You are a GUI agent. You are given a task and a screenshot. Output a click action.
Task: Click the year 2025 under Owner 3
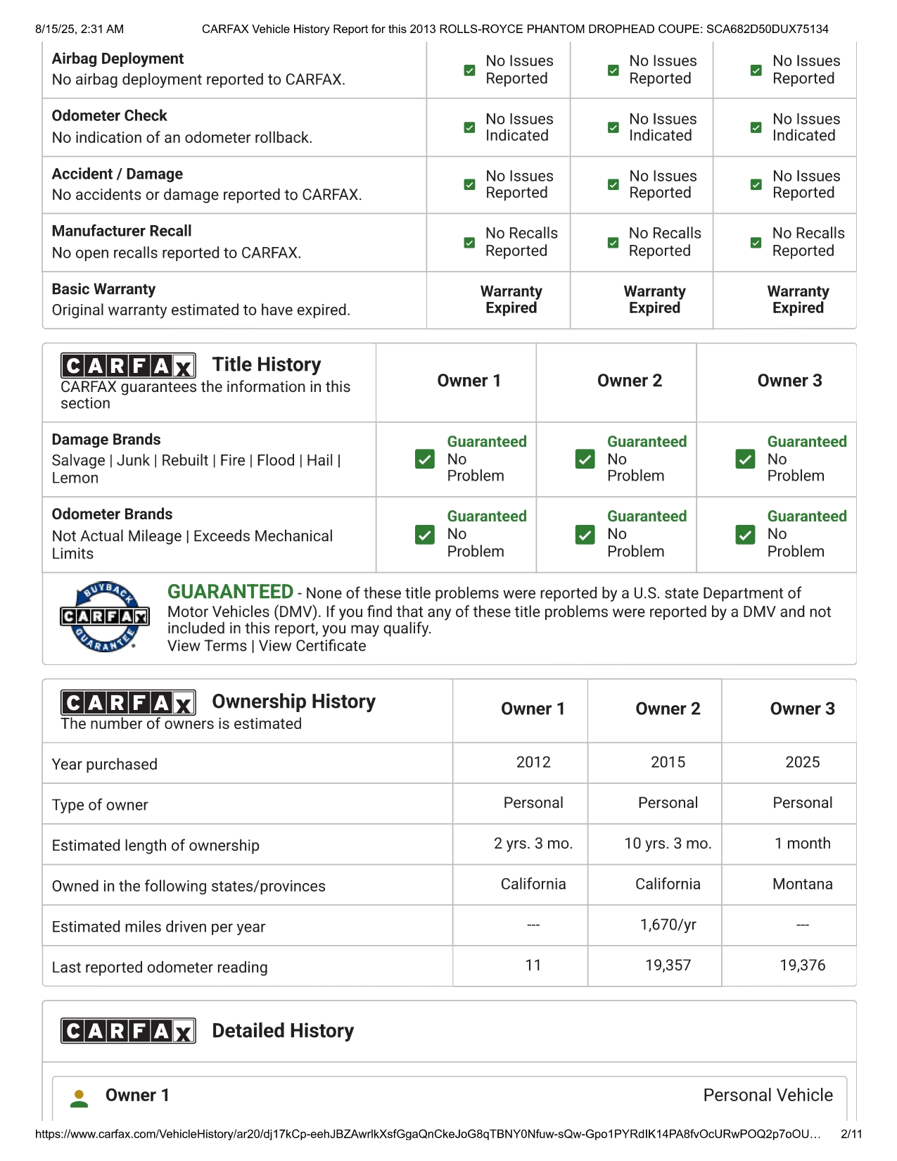(x=802, y=762)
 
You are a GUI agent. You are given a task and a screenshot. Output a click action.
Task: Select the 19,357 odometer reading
(x=668, y=965)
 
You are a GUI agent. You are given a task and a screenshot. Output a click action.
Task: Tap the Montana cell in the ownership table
(x=802, y=884)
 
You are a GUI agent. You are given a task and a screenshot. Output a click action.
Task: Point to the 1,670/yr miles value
(x=668, y=925)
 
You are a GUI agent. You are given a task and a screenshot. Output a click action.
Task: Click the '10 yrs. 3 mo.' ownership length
(x=668, y=843)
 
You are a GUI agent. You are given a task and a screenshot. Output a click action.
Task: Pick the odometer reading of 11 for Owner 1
(x=533, y=965)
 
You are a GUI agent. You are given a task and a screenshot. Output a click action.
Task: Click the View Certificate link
(x=312, y=646)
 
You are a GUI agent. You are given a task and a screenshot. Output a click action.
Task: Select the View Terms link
(x=207, y=646)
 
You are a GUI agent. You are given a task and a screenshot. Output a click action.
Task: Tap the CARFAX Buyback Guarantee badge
(x=104, y=616)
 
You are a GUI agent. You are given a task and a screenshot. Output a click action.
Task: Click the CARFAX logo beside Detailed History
(x=128, y=1031)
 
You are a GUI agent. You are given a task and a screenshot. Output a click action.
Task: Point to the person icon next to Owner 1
(x=79, y=1098)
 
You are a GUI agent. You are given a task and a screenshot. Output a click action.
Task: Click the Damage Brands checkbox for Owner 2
(x=585, y=459)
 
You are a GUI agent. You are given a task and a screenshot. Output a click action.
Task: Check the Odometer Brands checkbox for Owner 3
(x=745, y=534)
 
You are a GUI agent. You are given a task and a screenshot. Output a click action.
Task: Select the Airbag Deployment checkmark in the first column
(x=469, y=70)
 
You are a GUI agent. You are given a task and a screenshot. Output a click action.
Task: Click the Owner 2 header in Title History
(x=630, y=381)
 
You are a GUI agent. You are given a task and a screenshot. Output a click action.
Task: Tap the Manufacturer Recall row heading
(x=122, y=231)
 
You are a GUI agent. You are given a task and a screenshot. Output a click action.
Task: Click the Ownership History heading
(x=293, y=702)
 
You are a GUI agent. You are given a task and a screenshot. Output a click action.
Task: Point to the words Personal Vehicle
(x=768, y=1095)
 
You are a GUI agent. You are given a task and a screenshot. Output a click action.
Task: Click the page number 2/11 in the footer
(x=851, y=1134)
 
